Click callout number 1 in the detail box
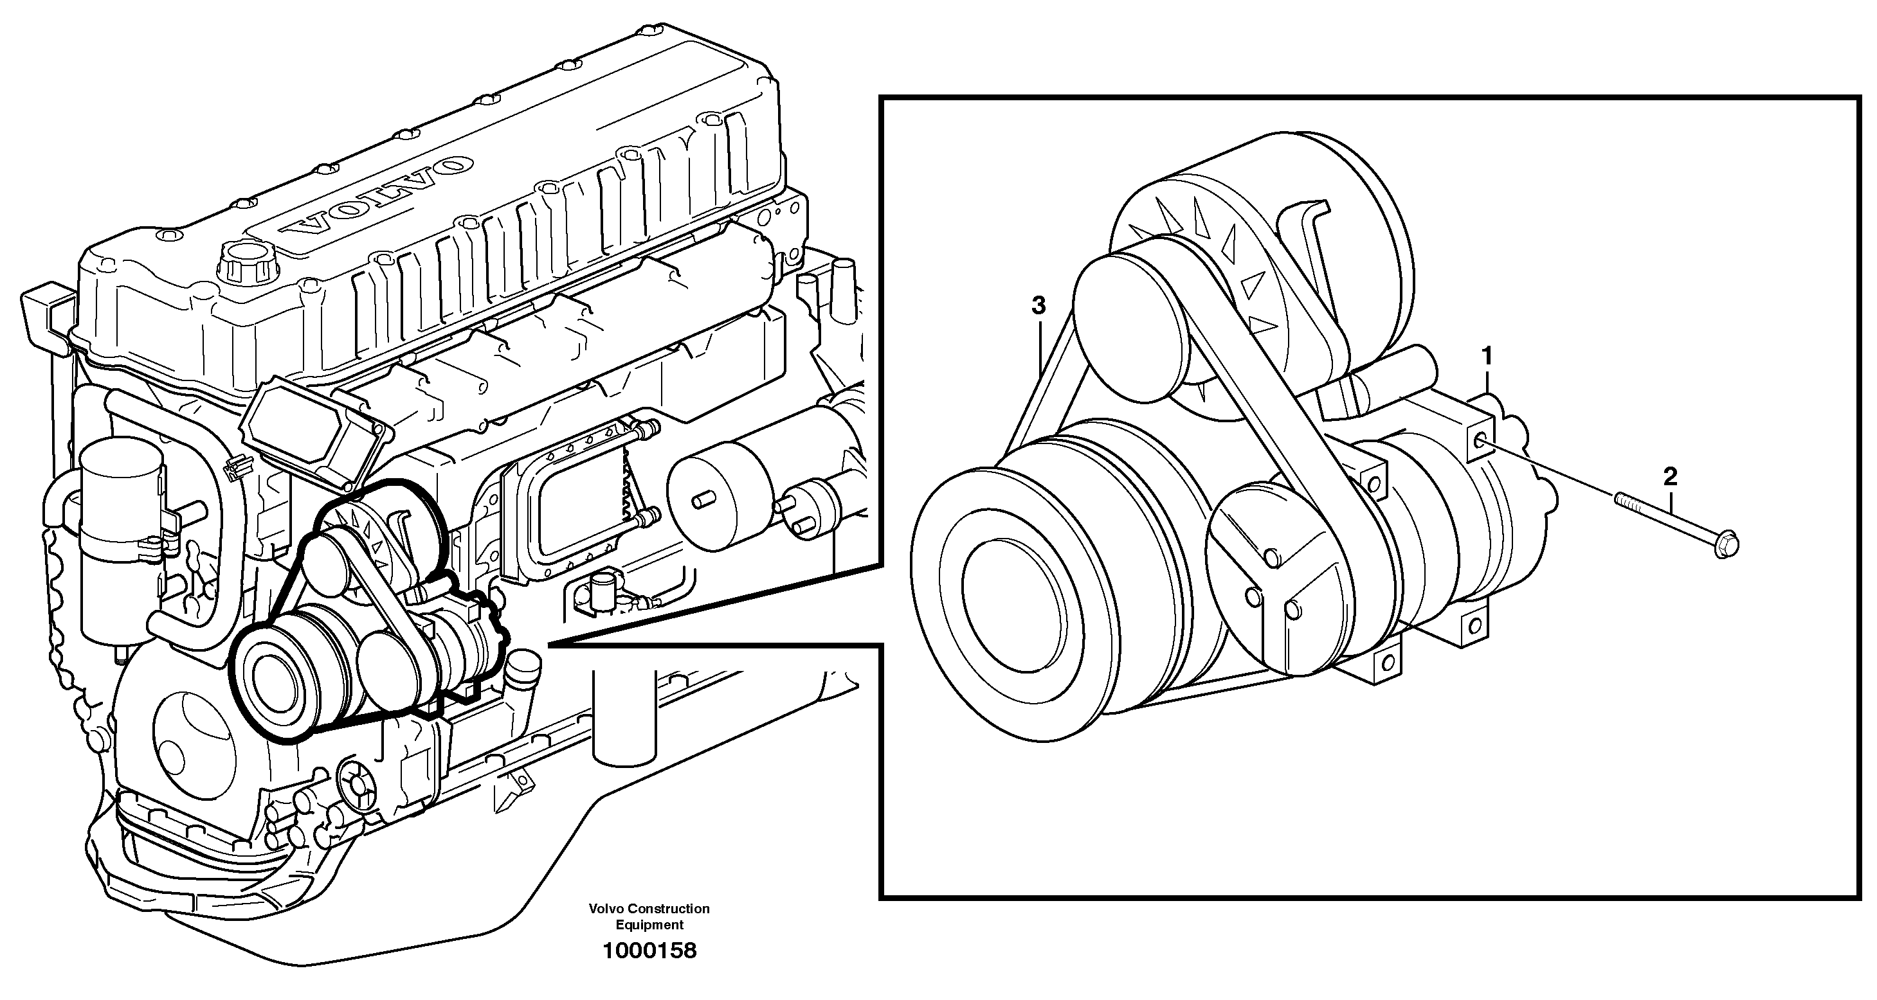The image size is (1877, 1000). [x=1487, y=357]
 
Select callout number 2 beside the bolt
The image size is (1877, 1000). [x=1670, y=477]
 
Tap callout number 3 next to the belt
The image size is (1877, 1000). [x=1038, y=306]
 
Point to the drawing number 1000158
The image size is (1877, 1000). [x=649, y=951]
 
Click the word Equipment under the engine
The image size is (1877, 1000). [x=649, y=925]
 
